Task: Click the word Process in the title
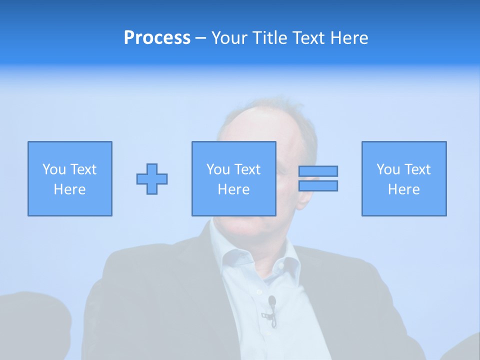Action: [157, 38]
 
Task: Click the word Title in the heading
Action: [267, 38]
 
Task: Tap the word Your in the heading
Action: [230, 38]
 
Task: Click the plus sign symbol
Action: [152, 179]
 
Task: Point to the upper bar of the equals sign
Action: [318, 171]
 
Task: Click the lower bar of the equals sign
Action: [318, 185]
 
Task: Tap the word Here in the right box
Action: [404, 189]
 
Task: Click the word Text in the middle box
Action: [248, 169]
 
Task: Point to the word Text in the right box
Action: [418, 169]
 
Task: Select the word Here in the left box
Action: [70, 189]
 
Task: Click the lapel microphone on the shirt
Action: [272, 301]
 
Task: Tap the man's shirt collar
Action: [225, 250]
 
